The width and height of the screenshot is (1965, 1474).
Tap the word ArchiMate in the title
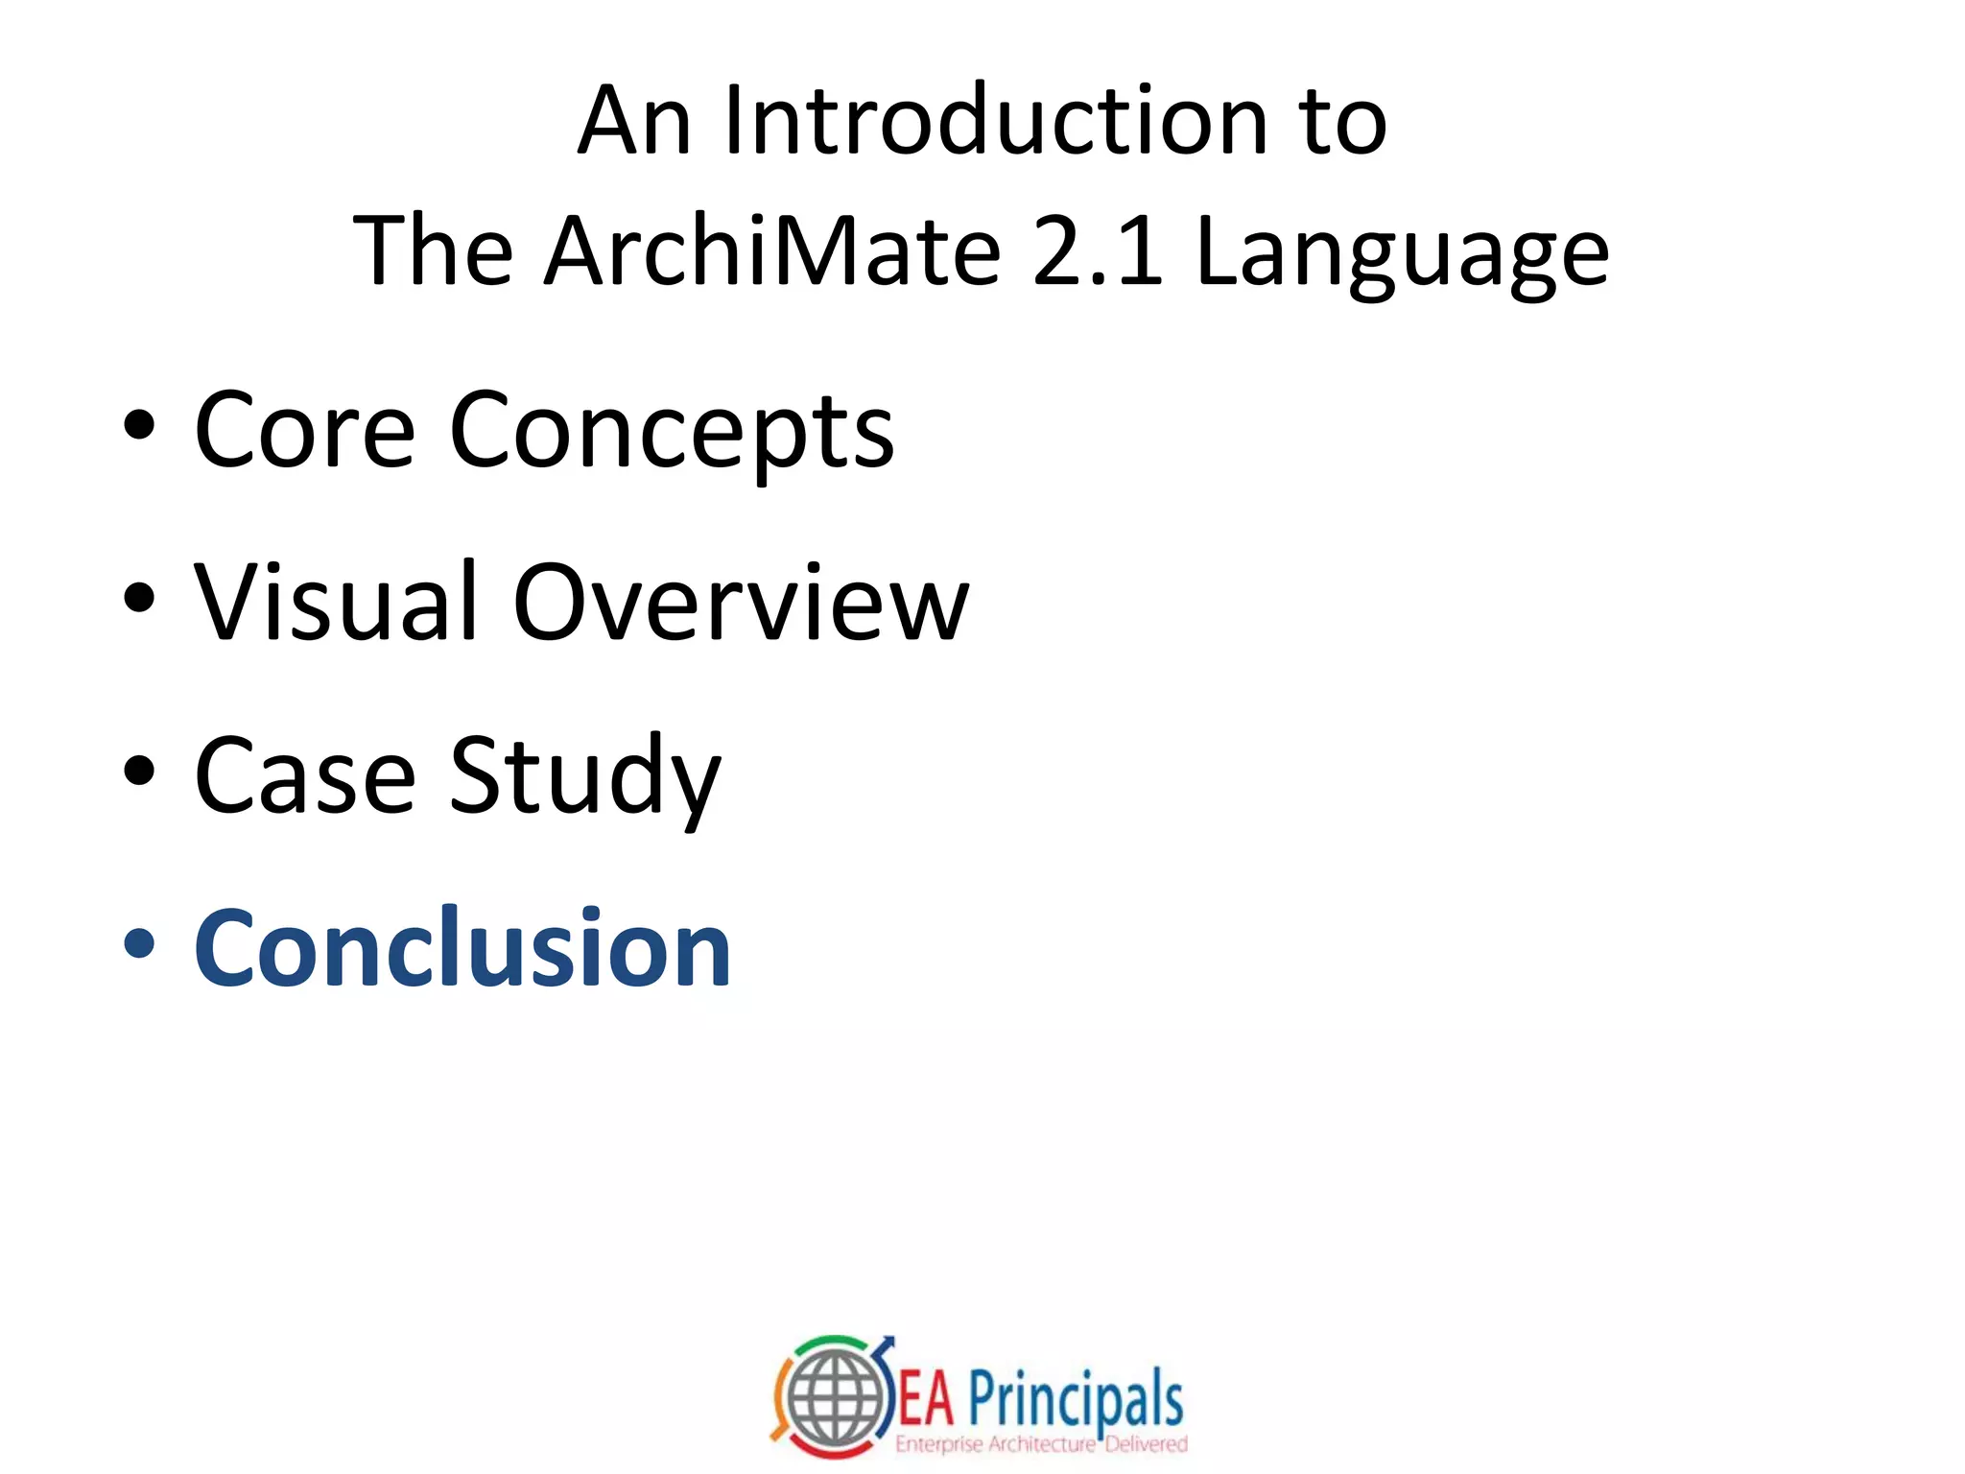coord(772,251)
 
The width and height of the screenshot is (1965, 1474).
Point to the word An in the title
coord(633,121)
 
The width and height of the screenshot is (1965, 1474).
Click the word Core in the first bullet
coord(304,432)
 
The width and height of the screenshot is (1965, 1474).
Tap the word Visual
coord(336,603)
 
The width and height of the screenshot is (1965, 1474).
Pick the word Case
coord(304,775)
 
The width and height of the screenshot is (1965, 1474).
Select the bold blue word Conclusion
coord(462,948)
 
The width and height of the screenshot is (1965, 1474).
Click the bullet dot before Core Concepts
coord(139,427)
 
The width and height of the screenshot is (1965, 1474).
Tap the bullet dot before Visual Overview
coord(139,598)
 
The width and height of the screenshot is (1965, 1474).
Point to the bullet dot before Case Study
coord(139,771)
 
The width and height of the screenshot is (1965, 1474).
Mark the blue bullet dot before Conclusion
coord(139,943)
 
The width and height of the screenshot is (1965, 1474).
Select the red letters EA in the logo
coord(927,1400)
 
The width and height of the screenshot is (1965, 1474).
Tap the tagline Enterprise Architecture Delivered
coord(1041,1444)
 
